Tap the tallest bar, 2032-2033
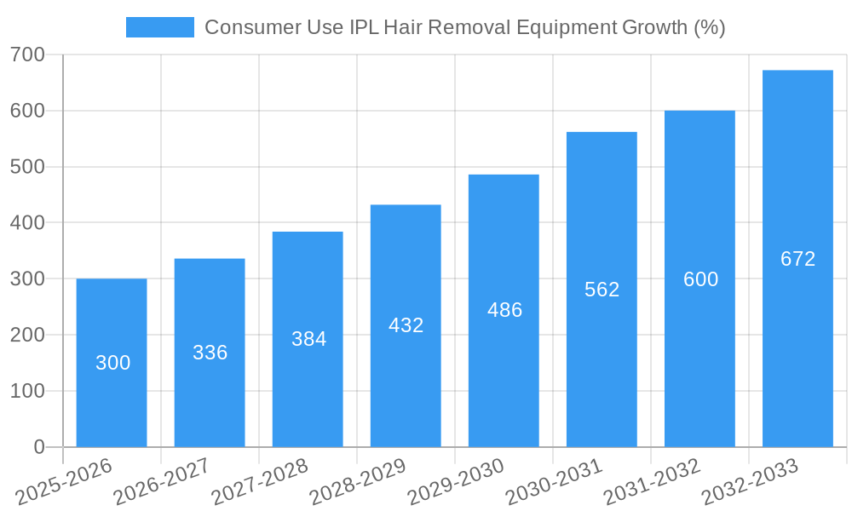click(797, 341)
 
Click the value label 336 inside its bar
click(210, 353)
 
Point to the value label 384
click(308, 339)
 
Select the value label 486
click(504, 310)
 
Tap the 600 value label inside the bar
click(700, 279)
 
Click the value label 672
click(797, 259)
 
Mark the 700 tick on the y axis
click(28, 55)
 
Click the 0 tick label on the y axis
click(39, 447)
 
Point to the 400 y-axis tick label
click(28, 223)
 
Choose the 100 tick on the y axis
click(28, 391)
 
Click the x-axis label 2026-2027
click(162, 481)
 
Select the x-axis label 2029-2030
click(457, 481)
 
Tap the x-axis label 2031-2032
click(653, 481)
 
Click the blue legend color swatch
click(159, 27)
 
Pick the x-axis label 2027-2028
click(260, 481)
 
